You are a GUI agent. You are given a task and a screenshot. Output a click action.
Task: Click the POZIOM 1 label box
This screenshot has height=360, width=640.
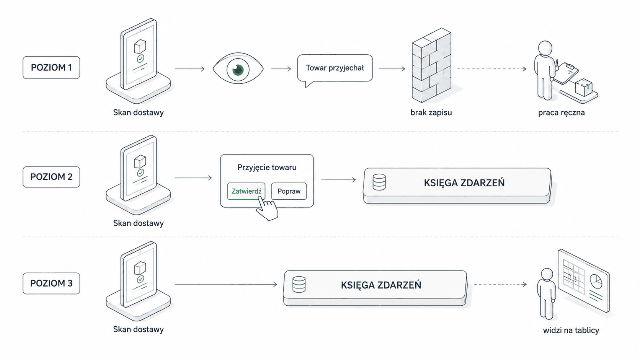(x=51, y=67)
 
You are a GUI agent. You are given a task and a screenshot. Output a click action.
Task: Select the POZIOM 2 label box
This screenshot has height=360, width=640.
(x=51, y=177)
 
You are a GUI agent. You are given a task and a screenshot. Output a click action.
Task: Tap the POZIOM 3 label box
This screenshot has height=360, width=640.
(x=51, y=283)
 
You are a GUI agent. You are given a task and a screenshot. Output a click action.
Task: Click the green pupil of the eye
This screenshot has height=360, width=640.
(x=238, y=69)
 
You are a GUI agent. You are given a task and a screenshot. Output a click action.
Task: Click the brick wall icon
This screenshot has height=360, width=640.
(x=431, y=65)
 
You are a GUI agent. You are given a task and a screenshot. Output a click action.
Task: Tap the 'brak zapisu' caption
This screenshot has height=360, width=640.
(x=431, y=112)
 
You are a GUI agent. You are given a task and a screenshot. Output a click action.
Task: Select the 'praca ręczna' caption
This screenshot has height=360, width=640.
(x=562, y=113)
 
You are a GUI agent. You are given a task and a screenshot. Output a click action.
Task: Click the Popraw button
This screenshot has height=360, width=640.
(x=289, y=191)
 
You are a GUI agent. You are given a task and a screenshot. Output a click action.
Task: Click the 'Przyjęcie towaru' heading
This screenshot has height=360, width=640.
(x=267, y=167)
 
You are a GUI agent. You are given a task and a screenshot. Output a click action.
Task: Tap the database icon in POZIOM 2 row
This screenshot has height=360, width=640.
(x=379, y=182)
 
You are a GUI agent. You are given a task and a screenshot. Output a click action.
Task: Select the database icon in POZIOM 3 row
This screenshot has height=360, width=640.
(x=299, y=284)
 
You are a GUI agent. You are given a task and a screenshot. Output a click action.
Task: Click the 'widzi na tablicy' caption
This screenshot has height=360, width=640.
(x=571, y=330)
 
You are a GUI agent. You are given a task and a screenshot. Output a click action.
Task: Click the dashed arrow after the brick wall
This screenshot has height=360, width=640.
(x=492, y=69)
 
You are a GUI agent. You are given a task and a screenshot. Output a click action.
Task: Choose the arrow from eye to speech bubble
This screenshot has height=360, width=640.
(x=281, y=69)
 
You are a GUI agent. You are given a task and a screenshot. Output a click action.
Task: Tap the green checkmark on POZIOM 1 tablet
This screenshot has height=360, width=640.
(x=140, y=59)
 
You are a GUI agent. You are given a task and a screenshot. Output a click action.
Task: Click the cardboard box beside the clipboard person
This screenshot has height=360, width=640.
(x=584, y=87)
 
